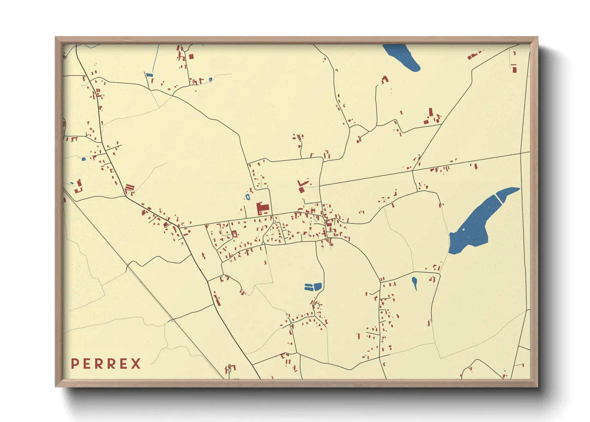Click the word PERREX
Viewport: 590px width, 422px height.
point(106,364)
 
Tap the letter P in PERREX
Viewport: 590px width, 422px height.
point(75,364)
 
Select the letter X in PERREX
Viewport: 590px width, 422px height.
point(136,364)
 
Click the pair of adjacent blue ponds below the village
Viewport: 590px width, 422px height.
point(313,287)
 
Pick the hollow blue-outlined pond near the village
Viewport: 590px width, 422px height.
point(248,197)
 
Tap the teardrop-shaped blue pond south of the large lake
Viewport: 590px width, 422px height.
point(415,283)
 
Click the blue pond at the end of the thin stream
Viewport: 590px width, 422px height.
point(149,75)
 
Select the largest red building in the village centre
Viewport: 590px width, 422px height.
point(262,209)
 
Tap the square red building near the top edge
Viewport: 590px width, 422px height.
point(191,56)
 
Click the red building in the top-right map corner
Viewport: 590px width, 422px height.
point(514,68)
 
